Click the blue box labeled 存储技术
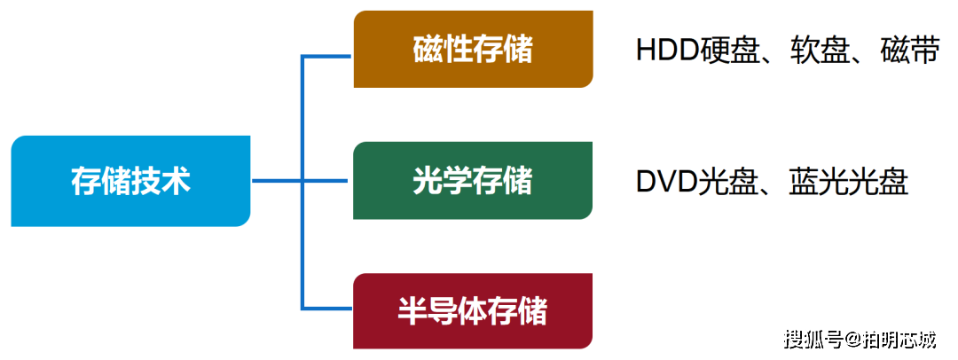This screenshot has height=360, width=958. [x=130, y=181]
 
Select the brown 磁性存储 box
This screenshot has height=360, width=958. [x=473, y=49]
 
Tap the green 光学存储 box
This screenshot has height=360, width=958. [x=473, y=180]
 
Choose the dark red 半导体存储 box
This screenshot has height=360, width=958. [x=473, y=311]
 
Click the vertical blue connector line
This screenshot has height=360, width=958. [x=302, y=182]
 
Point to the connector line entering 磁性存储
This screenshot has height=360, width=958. [x=326, y=57]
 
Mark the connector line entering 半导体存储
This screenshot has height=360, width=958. [x=326, y=308]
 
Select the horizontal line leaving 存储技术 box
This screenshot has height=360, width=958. [x=300, y=181]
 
